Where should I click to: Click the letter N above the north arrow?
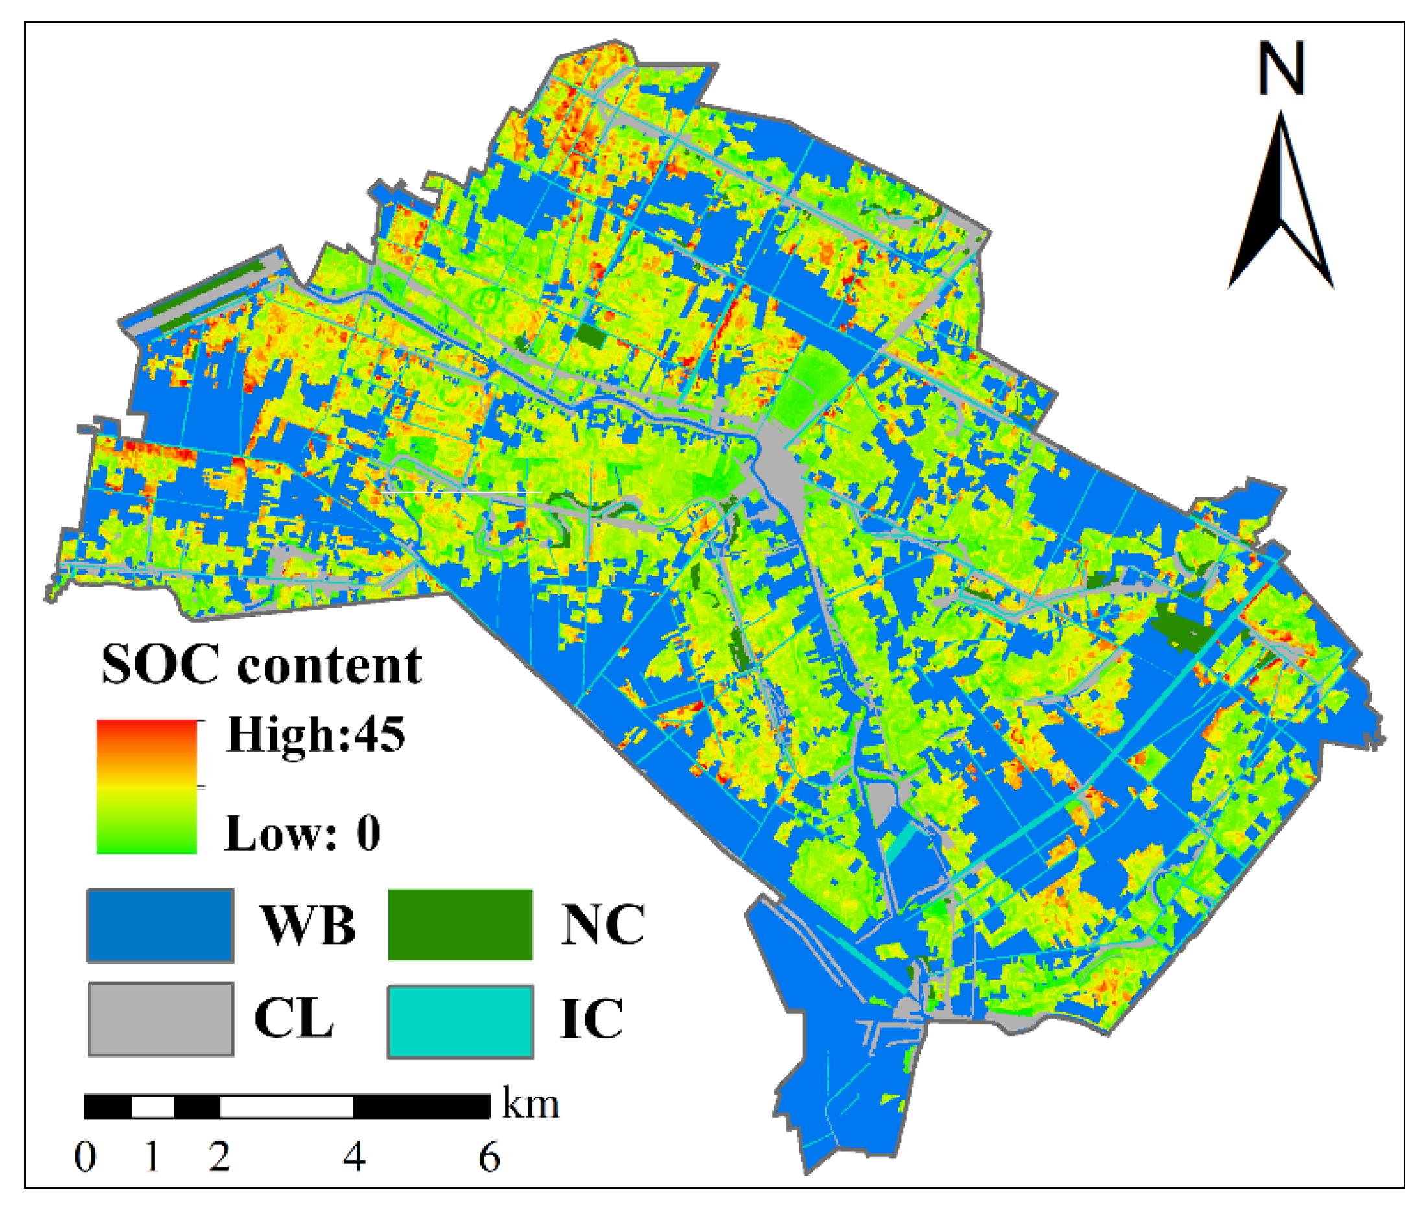(1280, 69)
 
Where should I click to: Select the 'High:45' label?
(316, 735)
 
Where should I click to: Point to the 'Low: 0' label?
(301, 833)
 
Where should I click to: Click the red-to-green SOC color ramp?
(147, 786)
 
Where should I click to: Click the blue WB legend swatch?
(159, 925)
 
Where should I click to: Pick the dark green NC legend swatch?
(460, 924)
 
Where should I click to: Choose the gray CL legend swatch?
(161, 1019)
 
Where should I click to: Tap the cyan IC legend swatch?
(460, 1021)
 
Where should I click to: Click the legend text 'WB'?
(308, 926)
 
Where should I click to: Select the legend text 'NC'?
(602, 925)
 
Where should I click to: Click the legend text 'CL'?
(294, 1019)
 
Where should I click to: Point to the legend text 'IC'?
(592, 1020)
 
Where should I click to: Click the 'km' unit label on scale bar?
(530, 1105)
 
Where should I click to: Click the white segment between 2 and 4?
(286, 1106)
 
